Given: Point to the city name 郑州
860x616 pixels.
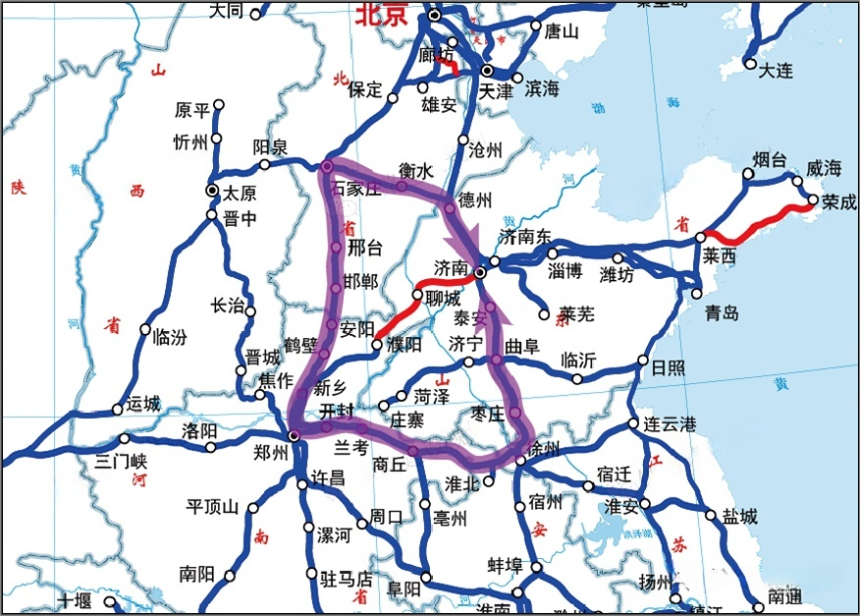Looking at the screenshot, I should pos(270,453).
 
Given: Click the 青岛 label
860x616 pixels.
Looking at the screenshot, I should pos(722,313).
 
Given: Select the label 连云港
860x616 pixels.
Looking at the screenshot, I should pos(670,425).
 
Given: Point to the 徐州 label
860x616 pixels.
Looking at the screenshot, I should pos(542,449).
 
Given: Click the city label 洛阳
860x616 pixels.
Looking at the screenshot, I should pos(199,430).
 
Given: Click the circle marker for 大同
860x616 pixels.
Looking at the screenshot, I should pos(256,13).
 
